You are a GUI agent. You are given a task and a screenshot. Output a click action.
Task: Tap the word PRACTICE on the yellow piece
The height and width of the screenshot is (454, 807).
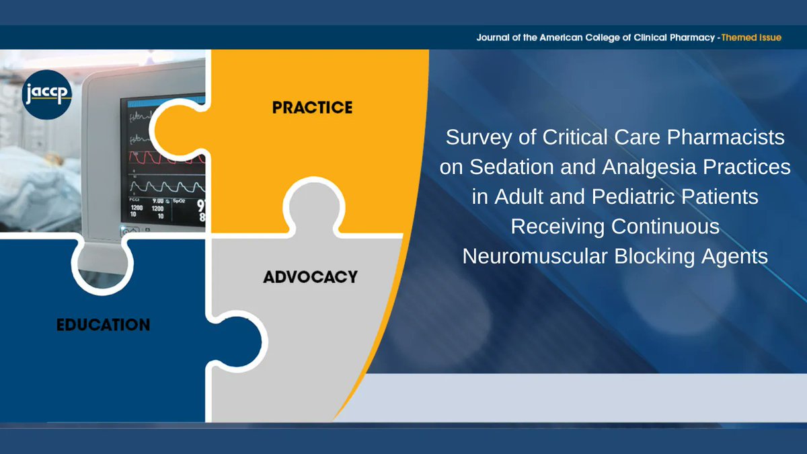tap(312, 107)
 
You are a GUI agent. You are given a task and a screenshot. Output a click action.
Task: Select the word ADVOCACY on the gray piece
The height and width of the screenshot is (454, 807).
tap(310, 276)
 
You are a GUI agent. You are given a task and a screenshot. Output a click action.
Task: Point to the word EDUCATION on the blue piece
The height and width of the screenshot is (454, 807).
tap(103, 325)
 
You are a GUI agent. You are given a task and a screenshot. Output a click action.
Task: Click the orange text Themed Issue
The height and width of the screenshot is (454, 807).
tap(751, 38)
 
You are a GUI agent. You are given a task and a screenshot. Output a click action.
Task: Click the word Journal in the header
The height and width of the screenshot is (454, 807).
tap(494, 38)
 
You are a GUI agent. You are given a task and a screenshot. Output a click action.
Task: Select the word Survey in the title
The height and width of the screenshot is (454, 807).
tap(474, 137)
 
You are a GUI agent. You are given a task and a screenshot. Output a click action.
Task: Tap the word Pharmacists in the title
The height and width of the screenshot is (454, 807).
tap(734, 137)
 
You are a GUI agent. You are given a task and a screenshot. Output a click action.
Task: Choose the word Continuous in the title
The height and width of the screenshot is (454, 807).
tap(666, 227)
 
